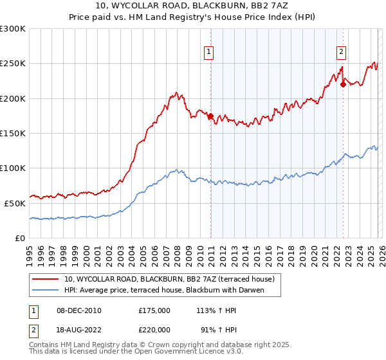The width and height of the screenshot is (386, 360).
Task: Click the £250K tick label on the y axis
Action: [x=13, y=64]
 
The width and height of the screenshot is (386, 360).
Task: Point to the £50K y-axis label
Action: [x=15, y=203]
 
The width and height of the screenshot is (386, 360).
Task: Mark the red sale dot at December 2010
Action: [x=210, y=116]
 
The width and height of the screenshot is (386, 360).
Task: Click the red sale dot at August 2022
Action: [x=343, y=84]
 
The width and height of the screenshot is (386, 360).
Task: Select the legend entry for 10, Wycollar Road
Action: [x=169, y=279]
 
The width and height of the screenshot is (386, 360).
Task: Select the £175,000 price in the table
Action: [x=154, y=310]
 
